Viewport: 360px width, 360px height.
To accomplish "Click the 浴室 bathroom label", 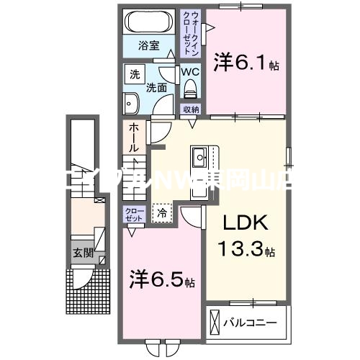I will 150,53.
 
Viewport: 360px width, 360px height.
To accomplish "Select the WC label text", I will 189,72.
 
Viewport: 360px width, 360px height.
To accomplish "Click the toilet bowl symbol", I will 191,89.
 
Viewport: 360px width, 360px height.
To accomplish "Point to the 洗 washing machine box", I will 135,74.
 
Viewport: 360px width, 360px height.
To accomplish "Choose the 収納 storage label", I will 190,109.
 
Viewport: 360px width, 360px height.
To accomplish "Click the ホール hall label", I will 135,137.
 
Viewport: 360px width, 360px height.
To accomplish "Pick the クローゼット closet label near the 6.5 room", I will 134,213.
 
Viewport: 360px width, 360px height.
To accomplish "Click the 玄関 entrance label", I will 81,253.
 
